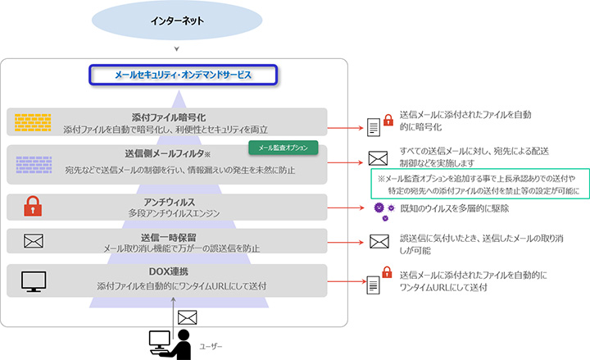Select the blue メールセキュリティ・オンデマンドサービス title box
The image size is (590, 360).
[184, 75]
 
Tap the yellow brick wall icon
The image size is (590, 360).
[32, 122]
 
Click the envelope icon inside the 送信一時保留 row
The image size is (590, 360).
[33, 241]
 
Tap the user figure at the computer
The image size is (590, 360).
[169, 341]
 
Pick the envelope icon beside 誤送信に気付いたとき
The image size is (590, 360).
[378, 241]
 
